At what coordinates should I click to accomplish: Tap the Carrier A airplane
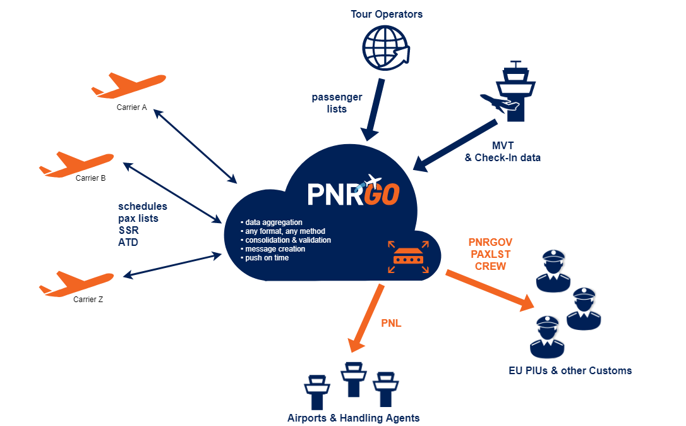(129, 85)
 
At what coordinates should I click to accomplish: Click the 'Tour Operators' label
(387, 14)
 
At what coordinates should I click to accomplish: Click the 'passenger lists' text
(337, 103)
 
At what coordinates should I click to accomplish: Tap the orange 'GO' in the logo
(382, 194)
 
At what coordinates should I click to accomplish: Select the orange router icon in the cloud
(409, 256)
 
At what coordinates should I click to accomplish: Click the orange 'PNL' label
(392, 324)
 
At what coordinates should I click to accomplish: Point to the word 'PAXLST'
(490, 254)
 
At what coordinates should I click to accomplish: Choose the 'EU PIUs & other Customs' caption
(570, 370)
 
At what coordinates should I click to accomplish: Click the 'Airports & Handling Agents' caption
(353, 418)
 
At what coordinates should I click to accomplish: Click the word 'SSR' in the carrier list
(128, 231)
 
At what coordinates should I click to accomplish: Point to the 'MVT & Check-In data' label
(502, 151)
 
